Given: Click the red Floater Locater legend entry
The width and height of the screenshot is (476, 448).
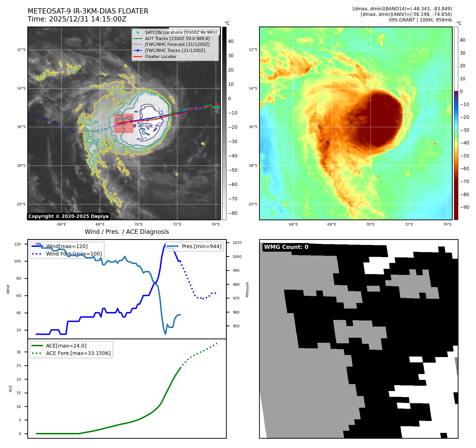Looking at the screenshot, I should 161,56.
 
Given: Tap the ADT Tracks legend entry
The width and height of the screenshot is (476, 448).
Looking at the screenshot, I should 177,38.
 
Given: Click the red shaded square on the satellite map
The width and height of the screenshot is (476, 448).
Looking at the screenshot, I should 124,123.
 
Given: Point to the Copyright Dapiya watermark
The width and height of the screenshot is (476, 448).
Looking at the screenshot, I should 68,216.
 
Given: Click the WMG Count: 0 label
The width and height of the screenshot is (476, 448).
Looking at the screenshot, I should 286,247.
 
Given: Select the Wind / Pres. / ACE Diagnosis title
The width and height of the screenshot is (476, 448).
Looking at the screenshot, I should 127,232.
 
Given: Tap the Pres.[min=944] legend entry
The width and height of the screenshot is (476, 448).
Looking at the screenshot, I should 201,246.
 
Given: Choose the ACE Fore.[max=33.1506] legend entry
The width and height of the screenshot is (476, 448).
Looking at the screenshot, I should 78,353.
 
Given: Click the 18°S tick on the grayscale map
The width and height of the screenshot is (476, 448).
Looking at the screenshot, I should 21,166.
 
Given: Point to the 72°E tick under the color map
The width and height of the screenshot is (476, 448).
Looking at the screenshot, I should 409,224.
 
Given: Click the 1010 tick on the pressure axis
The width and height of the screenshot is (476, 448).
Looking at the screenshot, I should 237,243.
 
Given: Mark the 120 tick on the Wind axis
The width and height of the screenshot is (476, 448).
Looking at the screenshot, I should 17,244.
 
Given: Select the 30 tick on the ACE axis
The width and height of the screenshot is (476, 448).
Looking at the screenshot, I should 19,352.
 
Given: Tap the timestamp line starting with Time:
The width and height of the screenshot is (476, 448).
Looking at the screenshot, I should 77,19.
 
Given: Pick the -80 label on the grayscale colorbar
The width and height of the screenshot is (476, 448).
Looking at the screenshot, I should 233,213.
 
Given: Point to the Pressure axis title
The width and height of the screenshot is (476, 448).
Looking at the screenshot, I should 247,289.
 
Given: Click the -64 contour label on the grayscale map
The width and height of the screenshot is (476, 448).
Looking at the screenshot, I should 153,94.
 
